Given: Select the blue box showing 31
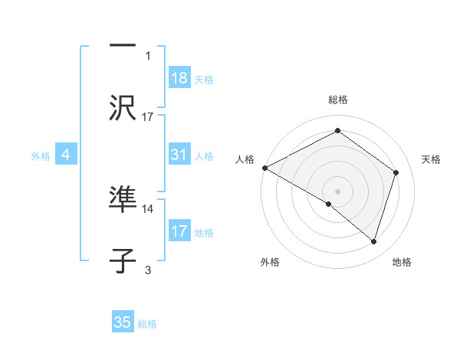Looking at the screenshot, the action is coord(179,155).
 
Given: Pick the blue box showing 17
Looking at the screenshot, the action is coord(179,231).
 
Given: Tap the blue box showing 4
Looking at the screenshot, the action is coord(66,155).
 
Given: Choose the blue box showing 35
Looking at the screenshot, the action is coord(123,322).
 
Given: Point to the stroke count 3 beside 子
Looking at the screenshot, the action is coord(148,270).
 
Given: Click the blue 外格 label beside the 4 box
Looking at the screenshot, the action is coord(41,155).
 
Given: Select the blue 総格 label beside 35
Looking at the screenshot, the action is coord(147,323).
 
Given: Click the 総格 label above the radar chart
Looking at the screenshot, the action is coord(337,100).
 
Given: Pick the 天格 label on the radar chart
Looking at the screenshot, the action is coord(431,159).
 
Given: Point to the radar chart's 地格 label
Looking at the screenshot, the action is coord(402,262).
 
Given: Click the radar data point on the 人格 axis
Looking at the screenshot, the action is coord(264,168).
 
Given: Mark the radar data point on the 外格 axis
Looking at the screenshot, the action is coord(328,204).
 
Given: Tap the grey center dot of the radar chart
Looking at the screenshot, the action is coord(337,191).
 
